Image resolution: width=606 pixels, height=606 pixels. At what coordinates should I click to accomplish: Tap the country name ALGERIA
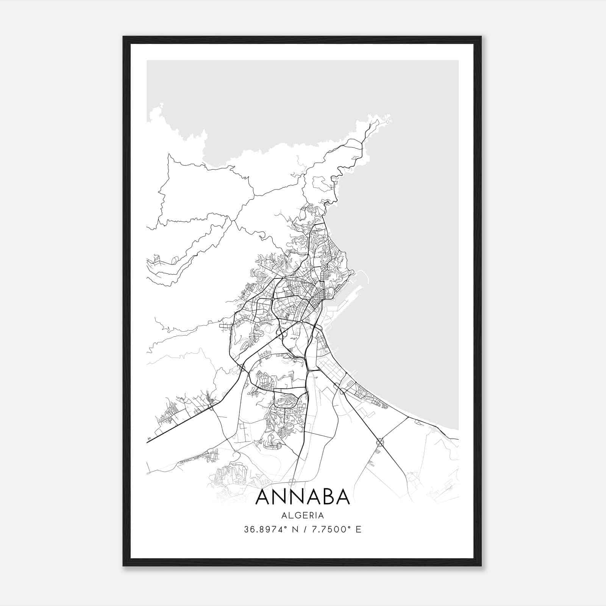pos(303,515)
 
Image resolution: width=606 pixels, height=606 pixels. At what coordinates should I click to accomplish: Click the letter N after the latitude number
pos(294,529)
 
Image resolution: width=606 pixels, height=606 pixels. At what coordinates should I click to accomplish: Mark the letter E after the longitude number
pos(358,529)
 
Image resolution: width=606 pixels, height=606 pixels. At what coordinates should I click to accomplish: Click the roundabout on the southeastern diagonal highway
pos(380,442)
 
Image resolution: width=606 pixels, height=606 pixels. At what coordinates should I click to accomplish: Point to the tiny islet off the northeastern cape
pos(387,122)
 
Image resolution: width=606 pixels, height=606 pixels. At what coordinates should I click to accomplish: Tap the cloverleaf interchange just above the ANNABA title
pos(292,482)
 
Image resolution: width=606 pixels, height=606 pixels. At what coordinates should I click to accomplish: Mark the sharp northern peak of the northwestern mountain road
pos(169,155)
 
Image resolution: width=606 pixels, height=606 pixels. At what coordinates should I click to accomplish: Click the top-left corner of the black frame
pos(123,37)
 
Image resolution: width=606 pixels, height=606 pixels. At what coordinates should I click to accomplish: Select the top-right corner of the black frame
pos(481,37)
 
